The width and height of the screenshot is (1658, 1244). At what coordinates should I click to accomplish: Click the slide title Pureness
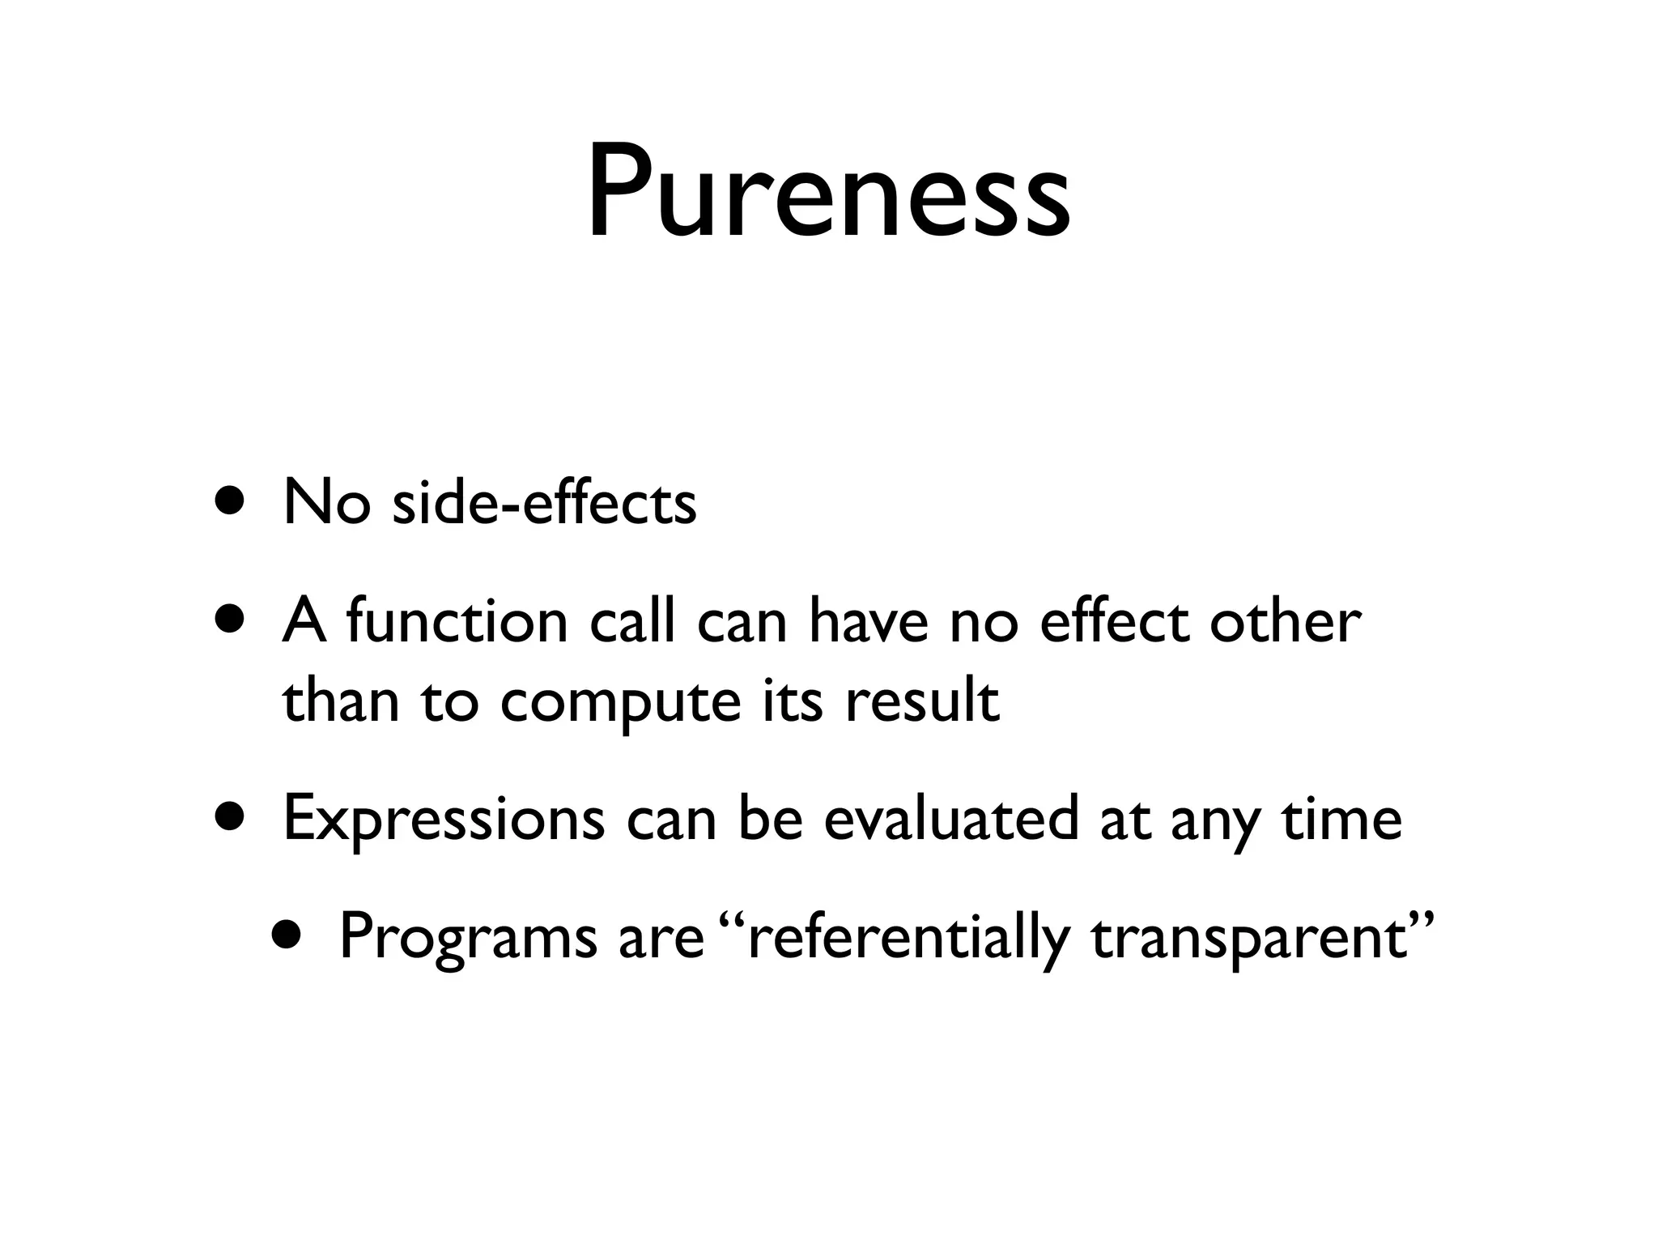click(828, 194)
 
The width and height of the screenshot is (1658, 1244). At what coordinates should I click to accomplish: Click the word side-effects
click(544, 503)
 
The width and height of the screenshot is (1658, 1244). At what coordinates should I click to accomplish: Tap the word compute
click(620, 701)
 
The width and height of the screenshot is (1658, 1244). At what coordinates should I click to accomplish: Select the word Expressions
click(444, 820)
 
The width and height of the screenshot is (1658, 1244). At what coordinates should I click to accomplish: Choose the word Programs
click(467, 938)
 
